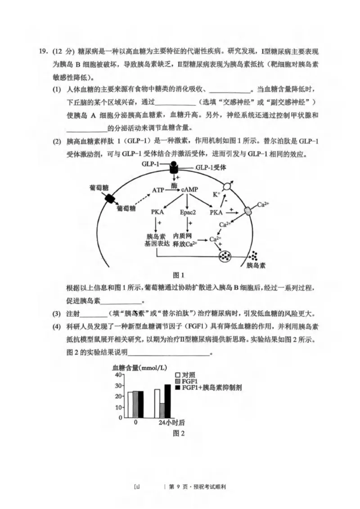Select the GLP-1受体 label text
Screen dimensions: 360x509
pyautogui.click(x=211, y=167)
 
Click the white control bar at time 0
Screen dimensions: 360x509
pyautogui.click(x=130, y=405)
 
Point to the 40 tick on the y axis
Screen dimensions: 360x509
pyautogui.click(x=118, y=374)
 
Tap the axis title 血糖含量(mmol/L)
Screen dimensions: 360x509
pyautogui.click(x=138, y=367)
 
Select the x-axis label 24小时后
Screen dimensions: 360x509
pyautogui.click(x=172, y=423)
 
